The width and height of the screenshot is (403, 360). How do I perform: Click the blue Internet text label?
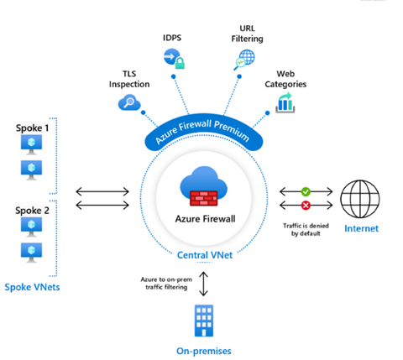(x=364, y=228)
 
